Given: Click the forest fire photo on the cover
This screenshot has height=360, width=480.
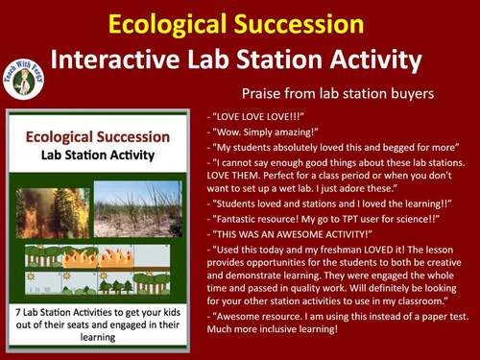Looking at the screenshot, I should [x=52, y=210].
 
